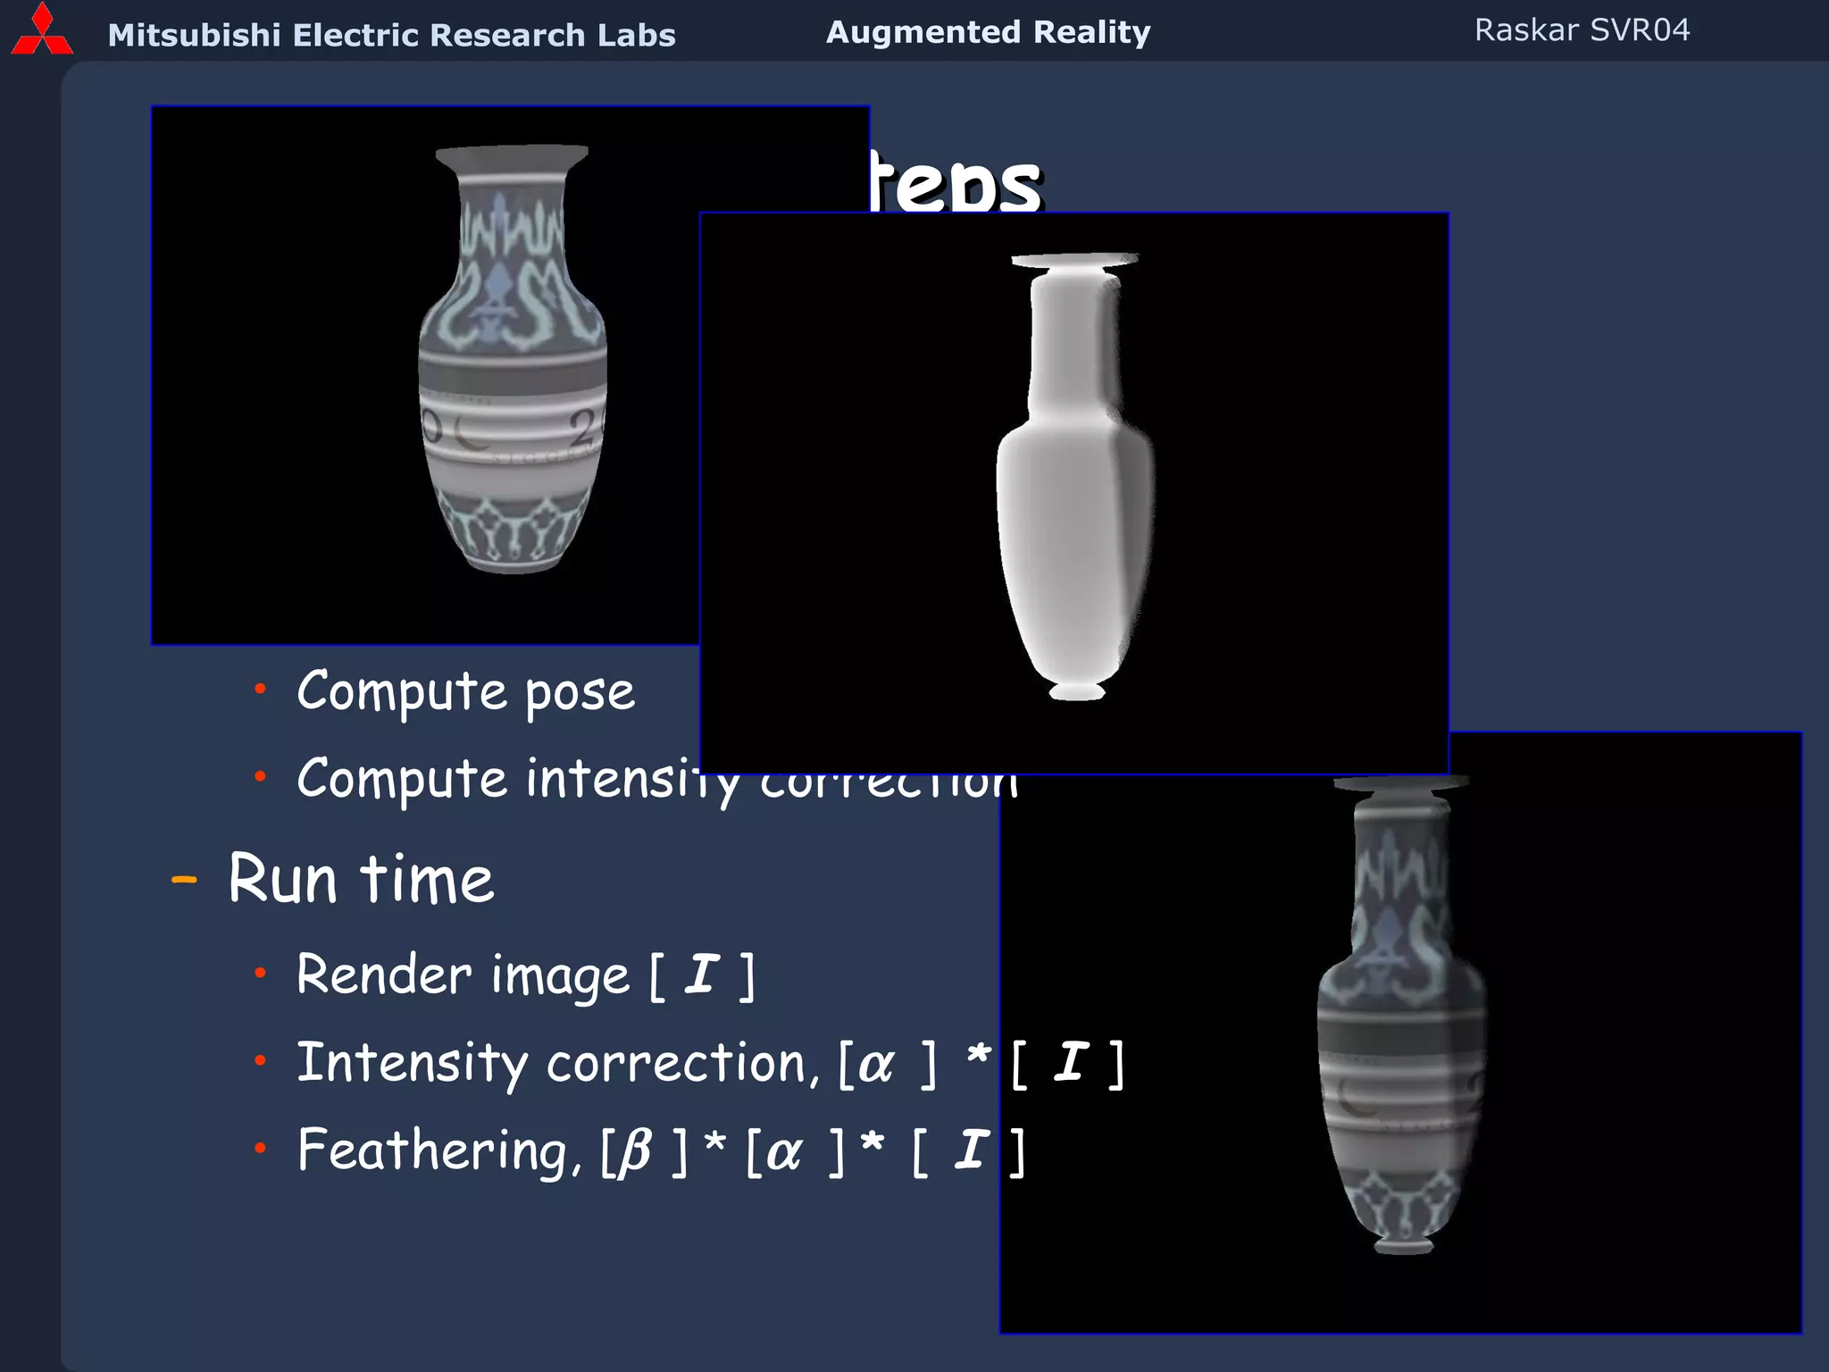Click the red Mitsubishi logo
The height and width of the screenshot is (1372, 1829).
click(x=41, y=31)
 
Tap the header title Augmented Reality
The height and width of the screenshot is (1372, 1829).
click(x=988, y=32)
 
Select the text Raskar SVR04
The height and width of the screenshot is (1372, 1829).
click(x=1582, y=30)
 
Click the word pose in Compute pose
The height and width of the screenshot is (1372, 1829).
click(x=580, y=693)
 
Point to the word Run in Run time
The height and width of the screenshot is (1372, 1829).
click(x=283, y=879)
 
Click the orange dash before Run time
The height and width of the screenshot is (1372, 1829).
click(x=184, y=880)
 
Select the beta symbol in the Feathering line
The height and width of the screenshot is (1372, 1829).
click(x=635, y=1151)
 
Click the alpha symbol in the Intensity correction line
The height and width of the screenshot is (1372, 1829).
click(x=875, y=1064)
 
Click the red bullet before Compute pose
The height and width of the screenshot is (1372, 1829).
click(x=260, y=689)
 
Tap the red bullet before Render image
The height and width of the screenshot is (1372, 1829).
click(x=260, y=973)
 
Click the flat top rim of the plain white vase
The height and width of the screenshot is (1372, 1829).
click(x=1074, y=260)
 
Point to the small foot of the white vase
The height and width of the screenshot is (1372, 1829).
click(x=1076, y=690)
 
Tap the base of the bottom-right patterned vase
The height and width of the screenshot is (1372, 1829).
click(x=1403, y=1244)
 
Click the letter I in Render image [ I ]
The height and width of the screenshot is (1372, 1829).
click(x=702, y=973)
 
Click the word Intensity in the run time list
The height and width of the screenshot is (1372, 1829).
click(x=412, y=1063)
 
